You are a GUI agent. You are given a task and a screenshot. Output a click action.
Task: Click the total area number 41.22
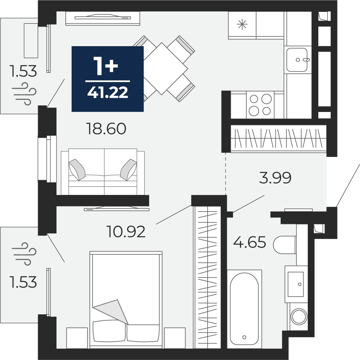tap(108, 93)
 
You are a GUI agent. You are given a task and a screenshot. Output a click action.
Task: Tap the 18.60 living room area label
tap(106, 129)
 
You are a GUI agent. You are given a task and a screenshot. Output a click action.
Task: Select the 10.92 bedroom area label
tap(126, 231)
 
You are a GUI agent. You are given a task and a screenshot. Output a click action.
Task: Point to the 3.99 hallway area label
tap(275, 177)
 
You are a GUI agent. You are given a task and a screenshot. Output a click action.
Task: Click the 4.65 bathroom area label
tap(250, 242)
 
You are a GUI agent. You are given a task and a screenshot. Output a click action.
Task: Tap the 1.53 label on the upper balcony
tap(23, 71)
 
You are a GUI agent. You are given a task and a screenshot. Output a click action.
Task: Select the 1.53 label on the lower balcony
tap(23, 282)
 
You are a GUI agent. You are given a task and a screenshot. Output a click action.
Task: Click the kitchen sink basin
tap(297, 60)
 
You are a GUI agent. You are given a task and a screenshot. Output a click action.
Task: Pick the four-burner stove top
tap(260, 105)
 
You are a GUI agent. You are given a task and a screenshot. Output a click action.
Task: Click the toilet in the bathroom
tap(285, 245)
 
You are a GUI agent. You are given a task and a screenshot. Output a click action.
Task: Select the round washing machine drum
tap(299, 317)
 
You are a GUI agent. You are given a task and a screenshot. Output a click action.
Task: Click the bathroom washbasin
tap(296, 284)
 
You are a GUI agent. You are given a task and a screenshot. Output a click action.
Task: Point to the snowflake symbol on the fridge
tap(242, 25)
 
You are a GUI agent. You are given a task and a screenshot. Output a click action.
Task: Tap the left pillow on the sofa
tap(77, 170)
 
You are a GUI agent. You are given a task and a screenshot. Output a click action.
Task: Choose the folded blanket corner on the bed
tap(110, 312)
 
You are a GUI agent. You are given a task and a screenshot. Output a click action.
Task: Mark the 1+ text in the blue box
tap(105, 66)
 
